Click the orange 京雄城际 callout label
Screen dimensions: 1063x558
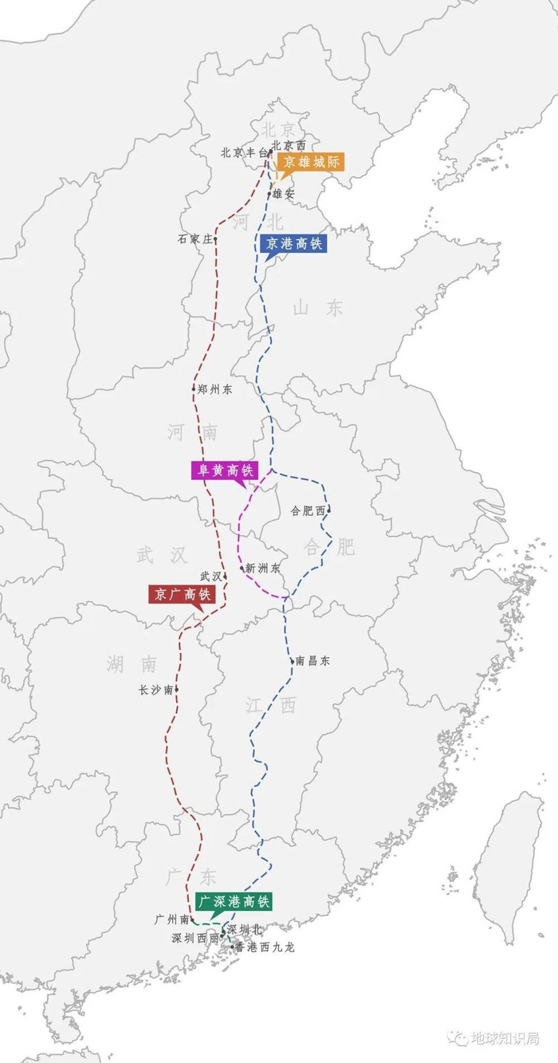(x=311, y=161)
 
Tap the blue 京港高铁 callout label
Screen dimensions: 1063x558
(x=293, y=244)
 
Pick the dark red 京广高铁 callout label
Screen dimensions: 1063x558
(x=182, y=594)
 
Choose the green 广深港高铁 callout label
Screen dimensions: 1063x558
(x=234, y=902)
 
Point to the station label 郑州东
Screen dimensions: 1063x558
(x=214, y=389)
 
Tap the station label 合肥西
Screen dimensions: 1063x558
(x=308, y=510)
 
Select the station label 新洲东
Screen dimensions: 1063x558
(x=263, y=569)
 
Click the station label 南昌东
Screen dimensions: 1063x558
(x=312, y=660)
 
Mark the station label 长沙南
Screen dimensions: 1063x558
(x=155, y=690)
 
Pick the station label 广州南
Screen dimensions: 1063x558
(x=171, y=919)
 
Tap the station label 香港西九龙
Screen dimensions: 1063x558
(x=265, y=947)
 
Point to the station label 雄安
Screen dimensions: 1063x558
(x=284, y=194)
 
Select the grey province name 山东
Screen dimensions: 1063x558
(x=318, y=308)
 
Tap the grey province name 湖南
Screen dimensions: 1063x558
(x=132, y=663)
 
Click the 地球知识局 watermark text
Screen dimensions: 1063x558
(x=505, y=1037)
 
